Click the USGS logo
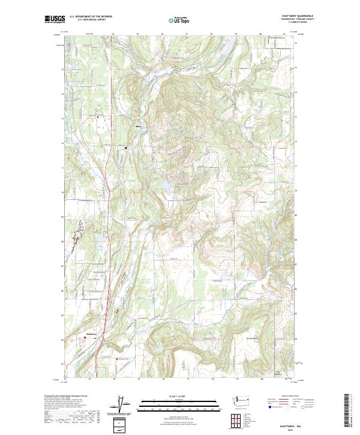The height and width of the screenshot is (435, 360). [x=55, y=20]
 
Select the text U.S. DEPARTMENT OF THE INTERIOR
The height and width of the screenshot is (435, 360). [x=91, y=16]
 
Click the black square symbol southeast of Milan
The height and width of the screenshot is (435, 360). [x=126, y=148]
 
